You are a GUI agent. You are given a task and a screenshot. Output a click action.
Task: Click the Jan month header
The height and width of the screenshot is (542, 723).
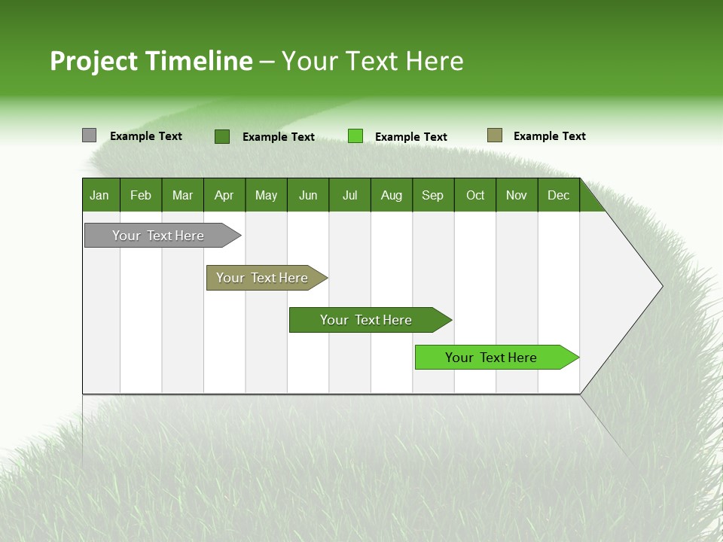[x=100, y=195]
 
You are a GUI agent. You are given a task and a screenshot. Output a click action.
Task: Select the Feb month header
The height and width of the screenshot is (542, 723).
[x=141, y=195]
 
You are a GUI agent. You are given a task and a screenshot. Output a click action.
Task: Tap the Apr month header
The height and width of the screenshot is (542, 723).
[x=224, y=195]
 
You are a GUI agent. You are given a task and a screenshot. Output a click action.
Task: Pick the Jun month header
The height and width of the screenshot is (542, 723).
[x=308, y=195]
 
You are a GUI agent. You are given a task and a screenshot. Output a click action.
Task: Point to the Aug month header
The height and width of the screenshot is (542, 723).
[x=392, y=195]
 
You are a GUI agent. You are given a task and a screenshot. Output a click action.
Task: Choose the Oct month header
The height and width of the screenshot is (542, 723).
[x=475, y=195]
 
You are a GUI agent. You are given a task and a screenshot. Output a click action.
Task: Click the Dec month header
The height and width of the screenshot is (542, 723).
[x=559, y=195]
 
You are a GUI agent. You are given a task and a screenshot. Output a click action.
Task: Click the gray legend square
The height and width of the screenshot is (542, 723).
[x=89, y=135]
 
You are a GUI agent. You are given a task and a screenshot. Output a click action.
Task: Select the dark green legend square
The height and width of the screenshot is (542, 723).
[x=222, y=136]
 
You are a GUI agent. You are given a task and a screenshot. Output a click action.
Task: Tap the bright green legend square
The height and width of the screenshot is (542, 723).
[x=355, y=136]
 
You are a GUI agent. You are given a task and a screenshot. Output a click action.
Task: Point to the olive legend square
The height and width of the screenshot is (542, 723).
[x=495, y=135]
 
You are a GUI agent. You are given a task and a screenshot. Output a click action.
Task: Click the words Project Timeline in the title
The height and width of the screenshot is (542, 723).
[x=151, y=61]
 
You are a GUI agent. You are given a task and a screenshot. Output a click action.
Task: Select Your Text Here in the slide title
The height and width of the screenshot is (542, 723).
[x=373, y=61]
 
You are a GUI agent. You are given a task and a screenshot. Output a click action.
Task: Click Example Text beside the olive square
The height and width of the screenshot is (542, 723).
[x=550, y=136]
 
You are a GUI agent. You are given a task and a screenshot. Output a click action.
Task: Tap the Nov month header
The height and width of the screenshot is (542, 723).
[x=517, y=195]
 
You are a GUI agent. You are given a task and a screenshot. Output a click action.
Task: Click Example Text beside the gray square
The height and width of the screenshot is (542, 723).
[x=146, y=136]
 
